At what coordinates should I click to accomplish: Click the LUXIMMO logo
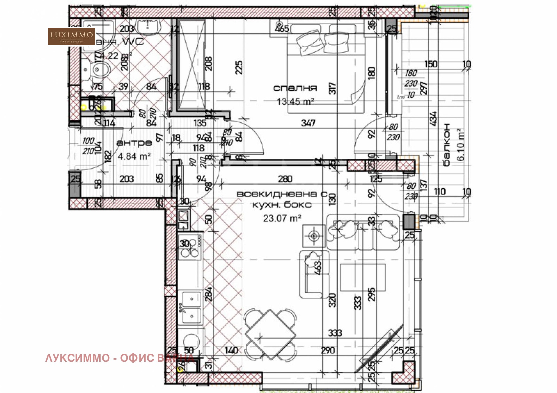(71, 36)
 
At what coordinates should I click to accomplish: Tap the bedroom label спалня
(295, 88)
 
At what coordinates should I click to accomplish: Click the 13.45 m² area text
(295, 101)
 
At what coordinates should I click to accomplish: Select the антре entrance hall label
(134, 143)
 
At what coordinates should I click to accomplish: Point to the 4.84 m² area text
(134, 156)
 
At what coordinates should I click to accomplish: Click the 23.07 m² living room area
(282, 218)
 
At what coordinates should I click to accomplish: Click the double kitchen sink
(190, 308)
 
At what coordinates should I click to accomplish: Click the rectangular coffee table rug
(362, 277)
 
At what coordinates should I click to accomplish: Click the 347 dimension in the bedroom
(308, 123)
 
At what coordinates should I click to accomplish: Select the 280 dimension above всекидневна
(285, 179)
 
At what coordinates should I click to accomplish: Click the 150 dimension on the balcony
(431, 64)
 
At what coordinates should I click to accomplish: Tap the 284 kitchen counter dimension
(208, 294)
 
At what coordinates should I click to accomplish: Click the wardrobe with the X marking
(191, 64)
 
